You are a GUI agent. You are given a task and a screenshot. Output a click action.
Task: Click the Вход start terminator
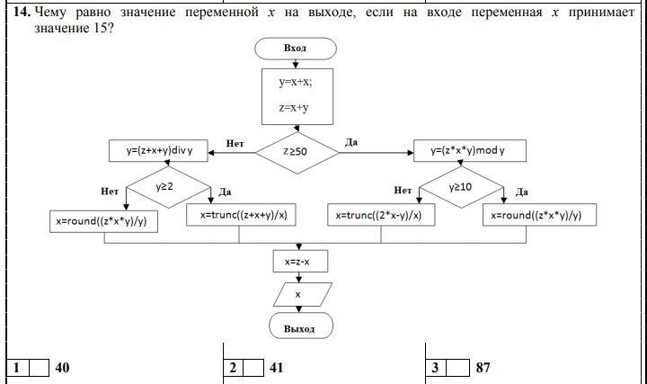click(x=295, y=49)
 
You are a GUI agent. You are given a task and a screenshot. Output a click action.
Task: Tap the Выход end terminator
click(x=299, y=327)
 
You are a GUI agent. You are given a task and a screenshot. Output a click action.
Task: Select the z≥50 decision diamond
click(x=297, y=152)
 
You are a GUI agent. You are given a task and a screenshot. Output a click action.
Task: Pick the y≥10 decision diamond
click(x=461, y=186)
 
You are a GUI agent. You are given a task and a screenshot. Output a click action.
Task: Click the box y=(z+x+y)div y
click(x=158, y=151)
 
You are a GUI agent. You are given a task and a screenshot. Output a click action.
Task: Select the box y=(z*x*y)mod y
click(x=470, y=151)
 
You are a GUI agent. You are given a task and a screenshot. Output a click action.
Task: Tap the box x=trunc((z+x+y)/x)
click(x=239, y=216)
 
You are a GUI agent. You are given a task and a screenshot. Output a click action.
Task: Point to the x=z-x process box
click(x=299, y=262)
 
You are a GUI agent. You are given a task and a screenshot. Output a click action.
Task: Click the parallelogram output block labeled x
click(x=299, y=293)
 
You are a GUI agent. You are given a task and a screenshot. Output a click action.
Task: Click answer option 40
click(x=62, y=368)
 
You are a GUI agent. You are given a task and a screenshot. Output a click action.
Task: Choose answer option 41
click(x=276, y=368)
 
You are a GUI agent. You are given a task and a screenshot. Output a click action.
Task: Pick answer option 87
click(x=483, y=368)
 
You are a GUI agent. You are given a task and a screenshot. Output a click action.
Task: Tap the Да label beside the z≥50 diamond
click(x=351, y=142)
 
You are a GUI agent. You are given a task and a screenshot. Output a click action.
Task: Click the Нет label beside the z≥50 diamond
click(x=235, y=142)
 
